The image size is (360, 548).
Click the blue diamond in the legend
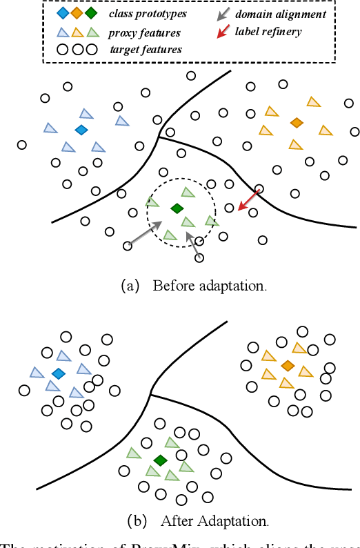[63, 13]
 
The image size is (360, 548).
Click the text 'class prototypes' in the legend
[148, 13]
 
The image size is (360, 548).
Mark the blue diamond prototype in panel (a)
[81, 130]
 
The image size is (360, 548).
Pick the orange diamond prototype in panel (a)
[297, 122]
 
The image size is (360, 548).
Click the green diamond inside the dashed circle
[177, 208]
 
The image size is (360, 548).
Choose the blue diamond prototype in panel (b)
[58, 373]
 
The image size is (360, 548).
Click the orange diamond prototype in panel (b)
[288, 364]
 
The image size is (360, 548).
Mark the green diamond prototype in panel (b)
[161, 460]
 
